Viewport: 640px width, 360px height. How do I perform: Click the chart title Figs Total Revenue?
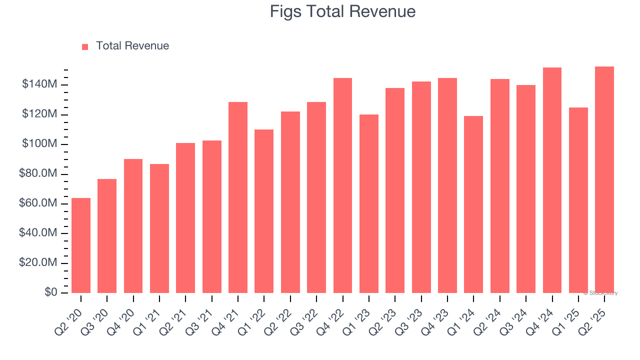[342, 11]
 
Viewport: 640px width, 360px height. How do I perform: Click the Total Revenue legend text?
[132, 46]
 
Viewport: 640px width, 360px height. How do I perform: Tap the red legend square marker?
[85, 46]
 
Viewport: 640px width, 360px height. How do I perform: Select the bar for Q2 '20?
[81, 245]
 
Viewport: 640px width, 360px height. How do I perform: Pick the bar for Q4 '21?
[238, 197]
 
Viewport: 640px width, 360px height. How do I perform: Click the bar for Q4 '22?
[342, 185]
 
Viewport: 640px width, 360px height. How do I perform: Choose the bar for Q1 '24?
[473, 204]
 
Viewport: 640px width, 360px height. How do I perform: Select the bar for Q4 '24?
[552, 180]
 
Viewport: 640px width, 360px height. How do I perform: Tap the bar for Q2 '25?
[604, 180]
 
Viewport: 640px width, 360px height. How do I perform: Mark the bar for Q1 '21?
[159, 228]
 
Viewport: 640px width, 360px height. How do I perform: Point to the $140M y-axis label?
[39, 84]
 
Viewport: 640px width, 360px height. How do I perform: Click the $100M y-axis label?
[39, 144]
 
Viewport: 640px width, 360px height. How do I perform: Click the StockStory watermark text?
[600, 293]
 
